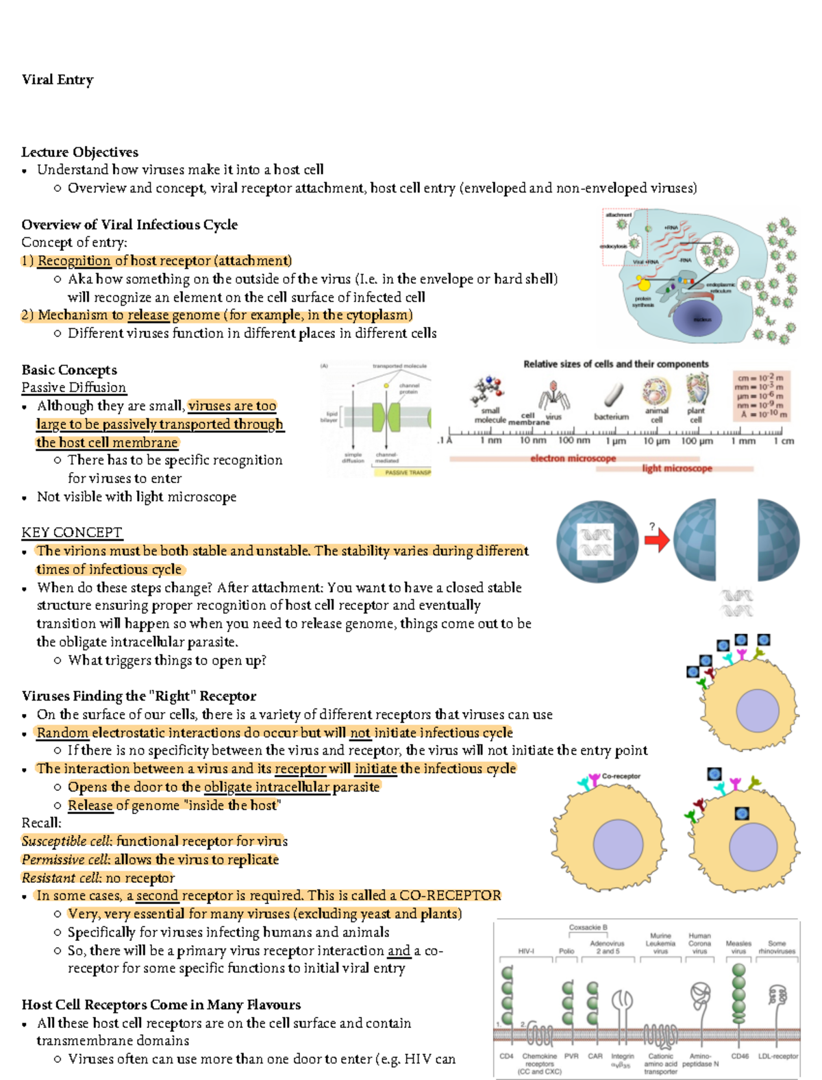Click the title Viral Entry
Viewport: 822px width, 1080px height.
point(58,79)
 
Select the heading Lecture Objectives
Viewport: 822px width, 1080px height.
point(79,152)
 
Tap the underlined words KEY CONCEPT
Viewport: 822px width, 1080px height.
point(72,532)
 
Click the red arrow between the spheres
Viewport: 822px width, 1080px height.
point(657,542)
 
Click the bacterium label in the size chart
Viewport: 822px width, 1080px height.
point(611,416)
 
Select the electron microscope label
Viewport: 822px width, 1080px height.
point(573,458)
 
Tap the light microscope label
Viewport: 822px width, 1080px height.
point(677,468)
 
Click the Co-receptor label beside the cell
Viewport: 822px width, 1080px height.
point(621,776)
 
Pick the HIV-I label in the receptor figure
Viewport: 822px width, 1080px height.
point(526,951)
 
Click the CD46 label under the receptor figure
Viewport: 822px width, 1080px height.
point(740,1056)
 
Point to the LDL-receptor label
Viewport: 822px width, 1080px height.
point(778,1056)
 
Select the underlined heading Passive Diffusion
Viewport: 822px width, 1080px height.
point(74,388)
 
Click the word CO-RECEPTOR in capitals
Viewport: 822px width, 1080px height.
point(450,896)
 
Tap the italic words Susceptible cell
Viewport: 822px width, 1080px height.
point(66,841)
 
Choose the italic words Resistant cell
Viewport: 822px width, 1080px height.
point(60,878)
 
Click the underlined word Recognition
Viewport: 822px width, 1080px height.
point(74,260)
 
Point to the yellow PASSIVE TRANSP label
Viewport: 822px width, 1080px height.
point(408,472)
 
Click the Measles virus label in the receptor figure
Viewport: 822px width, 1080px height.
point(738,947)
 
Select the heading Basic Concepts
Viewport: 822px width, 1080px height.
point(69,370)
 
